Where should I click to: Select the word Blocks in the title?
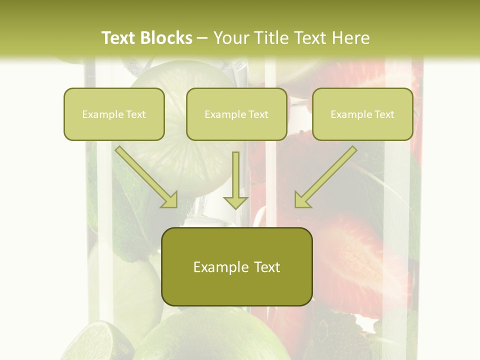pyautogui.click(x=166, y=38)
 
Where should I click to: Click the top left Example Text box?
pyautogui.click(x=114, y=114)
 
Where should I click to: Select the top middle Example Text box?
pyautogui.click(x=236, y=114)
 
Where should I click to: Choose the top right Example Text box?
pyautogui.click(x=362, y=114)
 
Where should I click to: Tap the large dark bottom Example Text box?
pyautogui.click(x=237, y=266)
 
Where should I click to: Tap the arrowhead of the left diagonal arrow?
pyautogui.click(x=169, y=199)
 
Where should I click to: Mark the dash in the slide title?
pyautogui.click(x=202, y=38)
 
